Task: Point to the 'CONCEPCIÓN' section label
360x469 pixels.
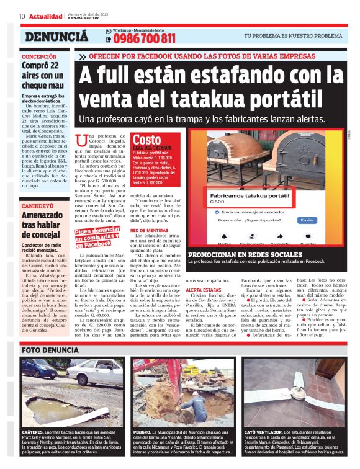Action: [39, 56]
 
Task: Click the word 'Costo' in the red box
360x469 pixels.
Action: [147, 140]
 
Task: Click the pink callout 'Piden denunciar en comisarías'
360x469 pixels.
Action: [97, 236]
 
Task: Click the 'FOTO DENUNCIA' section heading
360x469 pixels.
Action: [52, 350]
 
